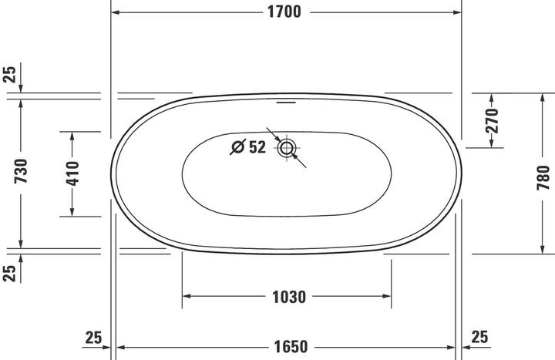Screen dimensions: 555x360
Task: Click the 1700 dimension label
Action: [284, 12]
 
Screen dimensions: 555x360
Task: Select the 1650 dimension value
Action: [291, 347]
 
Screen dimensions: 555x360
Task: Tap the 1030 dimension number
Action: [289, 297]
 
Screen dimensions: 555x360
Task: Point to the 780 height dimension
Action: [543, 177]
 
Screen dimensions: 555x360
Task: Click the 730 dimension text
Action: [21, 171]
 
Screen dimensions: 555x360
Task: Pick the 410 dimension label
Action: [72, 173]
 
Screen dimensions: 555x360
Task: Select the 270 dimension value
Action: [492, 121]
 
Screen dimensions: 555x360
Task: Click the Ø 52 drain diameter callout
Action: [247, 147]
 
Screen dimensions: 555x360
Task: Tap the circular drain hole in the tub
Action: [286, 148]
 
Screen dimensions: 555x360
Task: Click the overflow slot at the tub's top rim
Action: [286, 103]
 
